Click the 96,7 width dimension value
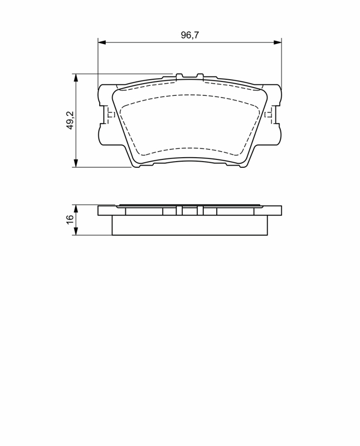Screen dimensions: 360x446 pyautogui.click(x=190, y=35)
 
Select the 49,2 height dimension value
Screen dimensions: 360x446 pyautogui.click(x=70, y=120)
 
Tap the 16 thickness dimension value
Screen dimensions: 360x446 pyautogui.click(x=70, y=219)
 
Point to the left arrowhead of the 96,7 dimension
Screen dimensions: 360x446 pyautogui.click(x=102, y=42)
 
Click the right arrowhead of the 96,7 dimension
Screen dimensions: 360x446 pyautogui.click(x=278, y=42)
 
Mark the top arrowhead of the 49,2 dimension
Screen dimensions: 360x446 pyautogui.click(x=76, y=78)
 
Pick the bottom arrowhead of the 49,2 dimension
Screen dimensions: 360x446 pyautogui.click(x=76, y=163)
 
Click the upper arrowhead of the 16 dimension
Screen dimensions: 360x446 pyautogui.click(x=76, y=209)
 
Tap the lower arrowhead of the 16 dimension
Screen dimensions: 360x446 pyautogui.click(x=76, y=231)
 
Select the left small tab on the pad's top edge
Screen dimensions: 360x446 pyautogui.click(x=179, y=76)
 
